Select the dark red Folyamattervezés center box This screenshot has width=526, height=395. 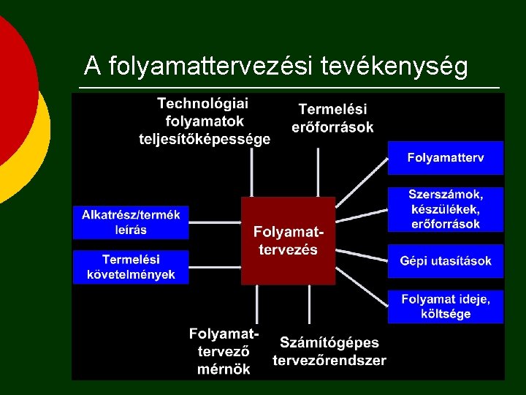(288, 240)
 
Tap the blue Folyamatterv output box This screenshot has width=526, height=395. (445, 158)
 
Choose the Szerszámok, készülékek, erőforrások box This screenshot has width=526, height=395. (445, 209)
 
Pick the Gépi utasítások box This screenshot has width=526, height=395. (445, 261)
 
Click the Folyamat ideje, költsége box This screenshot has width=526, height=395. (445, 306)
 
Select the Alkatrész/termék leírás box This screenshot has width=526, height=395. (131, 222)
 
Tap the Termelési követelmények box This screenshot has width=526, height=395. (131, 266)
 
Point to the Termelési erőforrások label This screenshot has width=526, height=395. (332, 118)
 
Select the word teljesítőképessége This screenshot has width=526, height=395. (205, 138)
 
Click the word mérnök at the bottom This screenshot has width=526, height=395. (224, 369)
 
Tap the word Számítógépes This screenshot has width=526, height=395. (329, 342)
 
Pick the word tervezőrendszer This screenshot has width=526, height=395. (329, 360)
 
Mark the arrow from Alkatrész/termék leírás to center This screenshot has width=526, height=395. (215, 222)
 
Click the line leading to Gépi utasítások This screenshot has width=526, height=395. (361, 253)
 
